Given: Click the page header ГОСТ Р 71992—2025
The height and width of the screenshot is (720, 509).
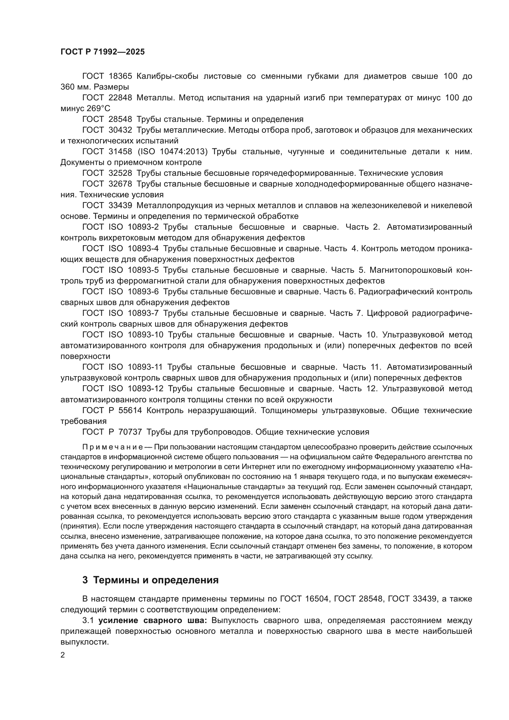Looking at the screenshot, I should click(x=102, y=52).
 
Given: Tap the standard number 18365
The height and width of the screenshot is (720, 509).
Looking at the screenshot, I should click(x=120, y=76).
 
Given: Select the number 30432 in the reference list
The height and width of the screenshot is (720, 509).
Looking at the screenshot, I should click(x=120, y=130).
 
